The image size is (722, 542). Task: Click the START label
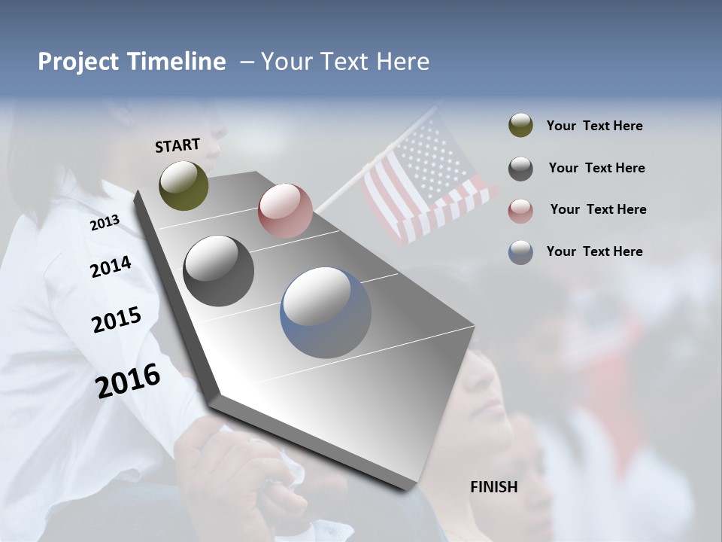(177, 145)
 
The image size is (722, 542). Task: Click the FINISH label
(493, 487)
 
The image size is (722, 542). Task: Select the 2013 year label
(105, 223)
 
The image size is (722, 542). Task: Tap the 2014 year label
(111, 266)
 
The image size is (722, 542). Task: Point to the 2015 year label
(116, 320)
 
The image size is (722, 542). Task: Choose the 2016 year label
(128, 381)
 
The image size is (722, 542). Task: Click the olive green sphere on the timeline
(184, 185)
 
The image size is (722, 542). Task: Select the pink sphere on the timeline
(285, 211)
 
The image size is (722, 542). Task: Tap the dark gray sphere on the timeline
(218, 271)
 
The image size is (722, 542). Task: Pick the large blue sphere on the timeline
(326, 312)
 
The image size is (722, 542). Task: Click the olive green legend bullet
(520, 126)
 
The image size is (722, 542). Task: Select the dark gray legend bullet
(520, 168)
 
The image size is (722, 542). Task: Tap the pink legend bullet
(520, 210)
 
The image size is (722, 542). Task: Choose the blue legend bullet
(520, 252)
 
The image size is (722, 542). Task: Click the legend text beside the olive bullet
(594, 126)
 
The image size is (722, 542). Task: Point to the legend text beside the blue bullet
(594, 251)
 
